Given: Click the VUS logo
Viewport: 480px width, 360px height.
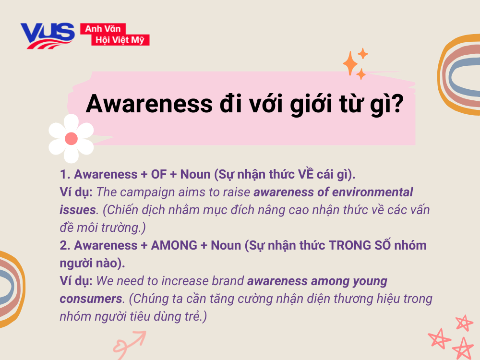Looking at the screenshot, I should (48, 36).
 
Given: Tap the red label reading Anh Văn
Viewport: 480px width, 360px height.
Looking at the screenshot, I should (103, 29).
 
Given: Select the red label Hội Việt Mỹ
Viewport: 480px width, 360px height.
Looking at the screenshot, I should (120, 40).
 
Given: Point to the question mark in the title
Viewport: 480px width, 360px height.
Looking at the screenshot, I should (396, 104).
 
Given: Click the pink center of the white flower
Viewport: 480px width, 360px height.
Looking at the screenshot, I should (71, 139).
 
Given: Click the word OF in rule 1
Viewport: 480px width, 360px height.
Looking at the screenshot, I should (158, 174).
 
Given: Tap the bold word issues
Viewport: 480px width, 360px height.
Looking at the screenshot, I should (78, 210).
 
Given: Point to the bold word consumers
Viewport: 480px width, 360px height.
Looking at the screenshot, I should (91, 299).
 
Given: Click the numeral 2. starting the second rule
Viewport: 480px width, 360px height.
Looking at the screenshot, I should (65, 245).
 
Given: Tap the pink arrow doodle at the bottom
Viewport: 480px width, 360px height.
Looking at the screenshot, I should (129, 342).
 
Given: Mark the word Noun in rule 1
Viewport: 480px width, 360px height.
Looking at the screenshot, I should (196, 174).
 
